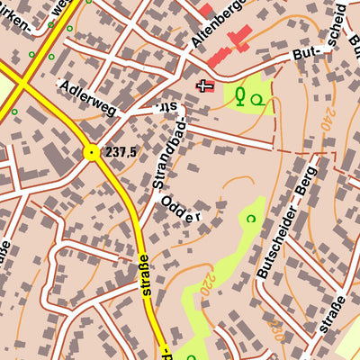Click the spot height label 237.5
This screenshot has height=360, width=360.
click(x=120, y=152)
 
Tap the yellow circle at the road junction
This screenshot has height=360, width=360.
click(x=91, y=153)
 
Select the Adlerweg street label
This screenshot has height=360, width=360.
click(x=88, y=96)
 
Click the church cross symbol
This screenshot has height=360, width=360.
click(x=204, y=86)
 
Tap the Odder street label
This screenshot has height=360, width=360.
click(x=180, y=209)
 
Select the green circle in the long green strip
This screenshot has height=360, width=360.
click(x=251, y=218)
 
